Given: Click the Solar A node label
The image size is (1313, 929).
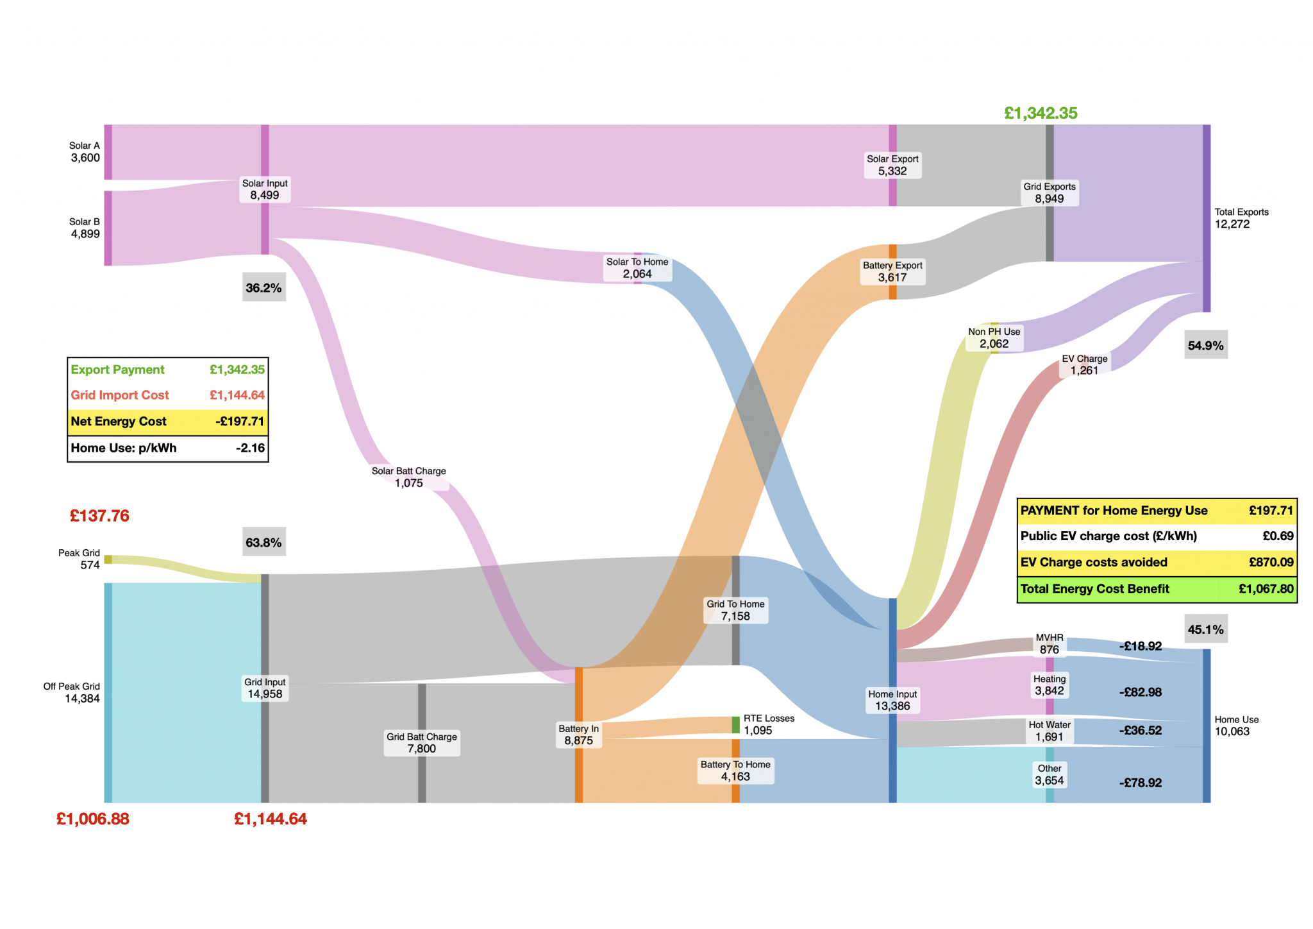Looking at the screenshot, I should [x=85, y=152].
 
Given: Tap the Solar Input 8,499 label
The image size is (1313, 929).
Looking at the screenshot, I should [x=265, y=189].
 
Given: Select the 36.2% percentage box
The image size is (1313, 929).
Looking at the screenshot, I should [x=263, y=288].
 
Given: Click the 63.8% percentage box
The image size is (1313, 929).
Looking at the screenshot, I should [x=263, y=543].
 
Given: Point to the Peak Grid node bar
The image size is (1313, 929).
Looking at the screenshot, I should [x=108, y=559].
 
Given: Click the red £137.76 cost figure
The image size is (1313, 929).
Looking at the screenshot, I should [x=99, y=516].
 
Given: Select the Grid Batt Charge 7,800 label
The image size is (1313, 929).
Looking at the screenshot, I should [x=422, y=743].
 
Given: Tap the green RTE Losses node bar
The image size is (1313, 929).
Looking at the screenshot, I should [x=735, y=725].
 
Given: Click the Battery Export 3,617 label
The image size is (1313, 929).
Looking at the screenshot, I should [x=892, y=271].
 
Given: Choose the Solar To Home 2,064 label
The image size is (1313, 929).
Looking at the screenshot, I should [x=637, y=268].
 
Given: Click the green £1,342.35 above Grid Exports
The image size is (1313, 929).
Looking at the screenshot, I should [x=1041, y=114].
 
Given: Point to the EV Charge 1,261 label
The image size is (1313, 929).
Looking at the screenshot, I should [x=1084, y=364].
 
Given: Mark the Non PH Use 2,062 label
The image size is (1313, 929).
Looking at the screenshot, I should [x=994, y=337].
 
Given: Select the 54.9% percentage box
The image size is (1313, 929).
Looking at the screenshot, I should [x=1205, y=346].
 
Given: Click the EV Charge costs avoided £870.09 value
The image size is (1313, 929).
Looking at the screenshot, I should [x=1271, y=563].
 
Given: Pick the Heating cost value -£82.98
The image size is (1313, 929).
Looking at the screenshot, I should [x=1140, y=692].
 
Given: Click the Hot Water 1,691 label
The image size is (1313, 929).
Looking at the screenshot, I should [x=1050, y=731].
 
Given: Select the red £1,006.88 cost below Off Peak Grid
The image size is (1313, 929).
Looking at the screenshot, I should [x=93, y=819].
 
